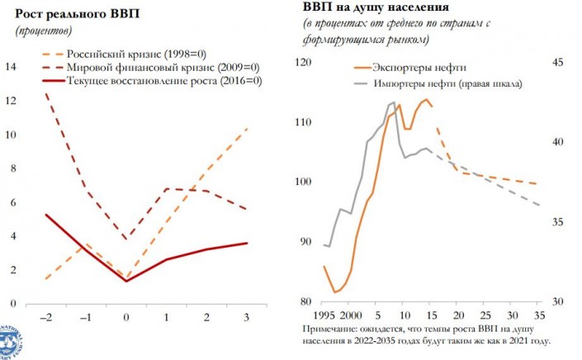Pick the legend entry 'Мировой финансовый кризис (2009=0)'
[x=165, y=67]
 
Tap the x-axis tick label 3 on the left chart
[x=246, y=317]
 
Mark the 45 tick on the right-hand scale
[x=556, y=63]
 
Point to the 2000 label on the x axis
[x=350, y=316]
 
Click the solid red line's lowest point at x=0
[x=126, y=281]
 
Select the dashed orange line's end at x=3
[x=247, y=129]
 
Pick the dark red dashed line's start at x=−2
[x=45, y=93]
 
